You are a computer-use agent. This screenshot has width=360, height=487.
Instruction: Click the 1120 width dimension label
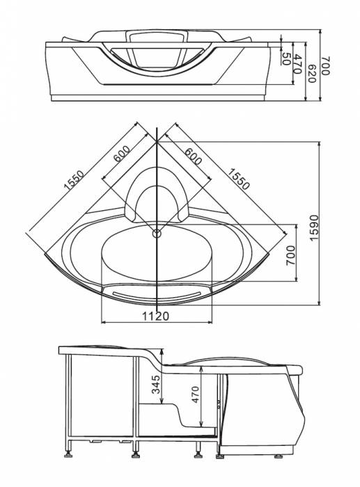click(156, 316)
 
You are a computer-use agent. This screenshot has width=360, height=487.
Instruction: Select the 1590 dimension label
click(314, 227)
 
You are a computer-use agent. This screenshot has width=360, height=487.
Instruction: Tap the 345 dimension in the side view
click(157, 385)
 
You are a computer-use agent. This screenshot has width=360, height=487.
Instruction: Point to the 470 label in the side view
click(195, 394)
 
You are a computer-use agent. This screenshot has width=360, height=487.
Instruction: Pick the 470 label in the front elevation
click(297, 64)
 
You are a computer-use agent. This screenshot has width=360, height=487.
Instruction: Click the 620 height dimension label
click(311, 74)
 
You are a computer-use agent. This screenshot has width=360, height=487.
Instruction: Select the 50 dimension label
click(286, 58)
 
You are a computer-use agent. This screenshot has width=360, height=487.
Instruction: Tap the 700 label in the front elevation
click(325, 66)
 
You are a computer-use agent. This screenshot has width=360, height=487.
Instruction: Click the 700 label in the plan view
click(290, 255)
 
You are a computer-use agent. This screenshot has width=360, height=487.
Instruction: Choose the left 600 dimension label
click(122, 154)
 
